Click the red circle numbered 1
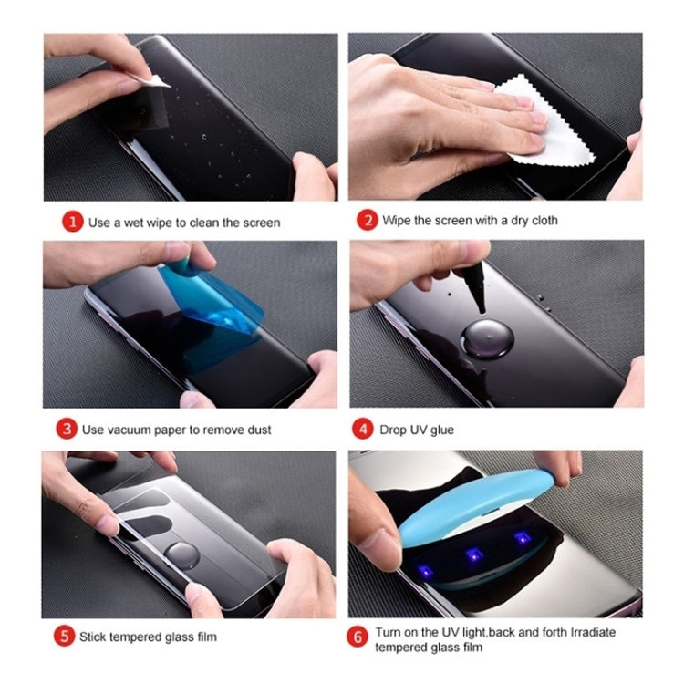tap(73, 223)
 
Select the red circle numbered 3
tap(66, 428)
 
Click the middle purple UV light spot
tap(473, 553)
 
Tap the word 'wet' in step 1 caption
tap(144, 223)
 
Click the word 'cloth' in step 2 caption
tap(539, 221)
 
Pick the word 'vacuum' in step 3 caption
tap(126, 429)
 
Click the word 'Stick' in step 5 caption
tap(95, 636)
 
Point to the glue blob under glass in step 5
tap(183, 553)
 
